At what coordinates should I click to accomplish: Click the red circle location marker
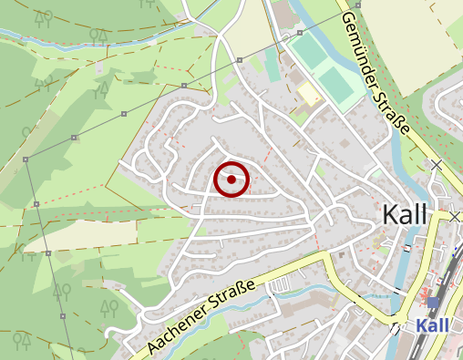click(x=231, y=180)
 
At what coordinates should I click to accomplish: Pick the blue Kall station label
click(x=433, y=325)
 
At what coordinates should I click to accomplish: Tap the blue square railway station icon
click(x=433, y=302)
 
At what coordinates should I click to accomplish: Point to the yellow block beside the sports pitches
click(x=308, y=94)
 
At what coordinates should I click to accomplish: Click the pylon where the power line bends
click(x=26, y=159)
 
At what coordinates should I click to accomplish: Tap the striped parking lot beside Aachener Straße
click(x=279, y=286)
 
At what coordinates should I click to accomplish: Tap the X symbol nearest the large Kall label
click(x=455, y=217)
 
